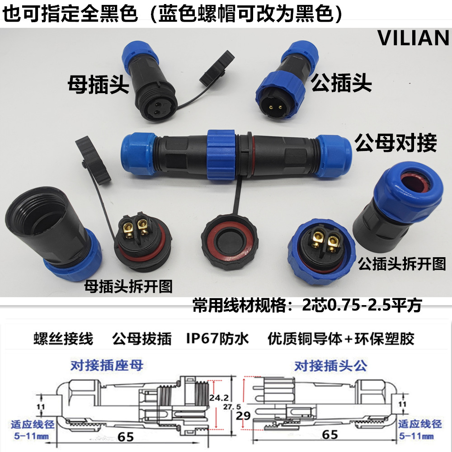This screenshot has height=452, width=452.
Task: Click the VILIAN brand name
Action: [413, 39]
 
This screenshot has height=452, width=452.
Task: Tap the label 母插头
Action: [99, 84]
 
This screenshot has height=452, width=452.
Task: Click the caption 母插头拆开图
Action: [128, 286]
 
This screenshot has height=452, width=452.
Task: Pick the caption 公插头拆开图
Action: [401, 264]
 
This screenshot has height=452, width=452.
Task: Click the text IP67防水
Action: [217, 339]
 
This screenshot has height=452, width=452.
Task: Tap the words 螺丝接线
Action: [63, 339]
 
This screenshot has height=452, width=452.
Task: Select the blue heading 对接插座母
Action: [107, 365]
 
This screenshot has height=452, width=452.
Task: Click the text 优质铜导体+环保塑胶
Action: [340, 339]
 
